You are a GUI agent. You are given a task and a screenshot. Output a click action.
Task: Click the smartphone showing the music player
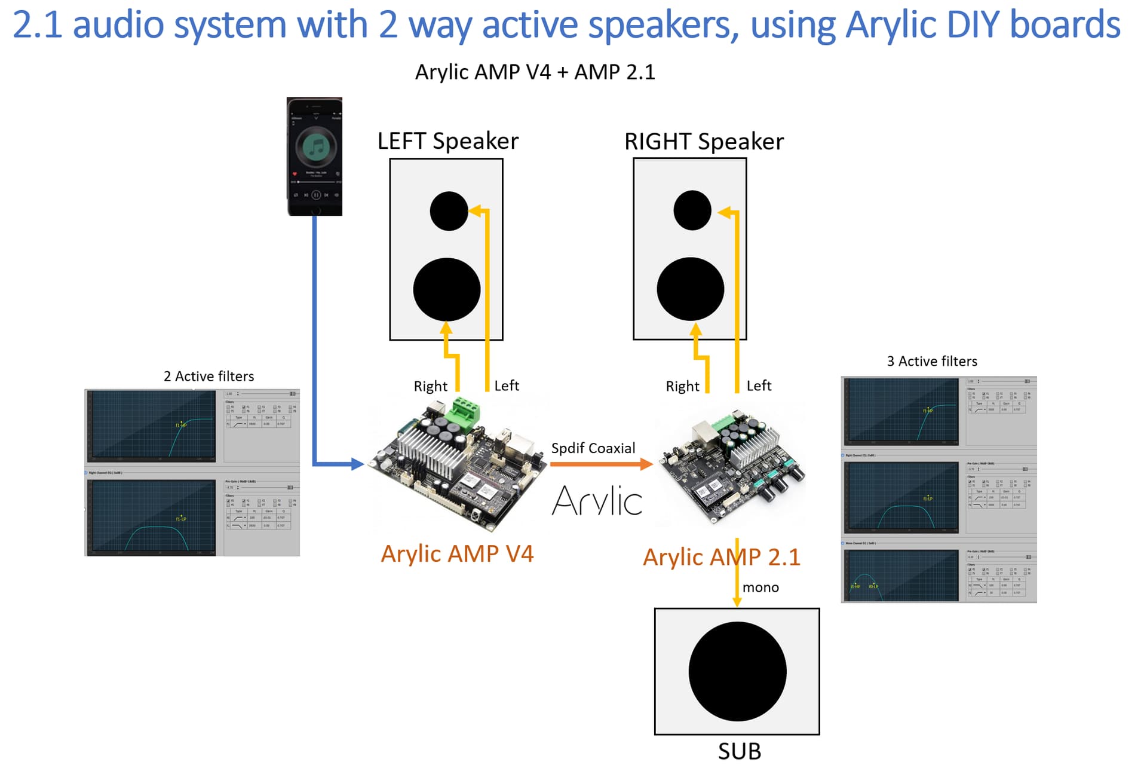tap(314, 156)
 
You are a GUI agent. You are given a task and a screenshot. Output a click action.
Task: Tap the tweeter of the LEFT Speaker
tap(449, 211)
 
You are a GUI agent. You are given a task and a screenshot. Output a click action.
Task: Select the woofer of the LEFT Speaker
tap(447, 289)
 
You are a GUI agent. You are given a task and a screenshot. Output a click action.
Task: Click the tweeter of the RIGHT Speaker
tap(692, 210)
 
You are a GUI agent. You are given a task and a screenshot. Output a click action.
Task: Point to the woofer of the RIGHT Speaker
tap(691, 289)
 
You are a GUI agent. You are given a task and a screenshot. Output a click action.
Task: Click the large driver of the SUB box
tap(737, 671)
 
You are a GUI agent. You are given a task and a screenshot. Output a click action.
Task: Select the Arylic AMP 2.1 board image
tap(732, 466)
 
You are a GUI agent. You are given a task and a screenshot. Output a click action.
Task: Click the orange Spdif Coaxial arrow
tap(601, 464)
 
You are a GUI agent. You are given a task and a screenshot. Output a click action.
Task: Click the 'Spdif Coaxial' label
tap(593, 448)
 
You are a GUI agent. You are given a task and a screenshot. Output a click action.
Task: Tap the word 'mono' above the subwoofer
tap(760, 587)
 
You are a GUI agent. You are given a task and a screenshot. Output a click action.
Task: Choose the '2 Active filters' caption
tap(208, 377)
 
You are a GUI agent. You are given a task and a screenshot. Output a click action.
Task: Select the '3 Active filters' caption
tap(931, 362)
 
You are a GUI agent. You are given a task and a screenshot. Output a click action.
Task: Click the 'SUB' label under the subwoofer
tap(739, 751)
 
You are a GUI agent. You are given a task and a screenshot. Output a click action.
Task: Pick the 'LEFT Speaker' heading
tap(448, 142)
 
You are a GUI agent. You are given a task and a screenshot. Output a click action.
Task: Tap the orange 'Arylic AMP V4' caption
tap(457, 554)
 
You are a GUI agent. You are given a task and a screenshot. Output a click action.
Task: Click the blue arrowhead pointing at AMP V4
tap(357, 464)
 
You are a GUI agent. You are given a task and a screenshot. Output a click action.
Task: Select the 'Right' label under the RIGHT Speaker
tap(682, 387)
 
